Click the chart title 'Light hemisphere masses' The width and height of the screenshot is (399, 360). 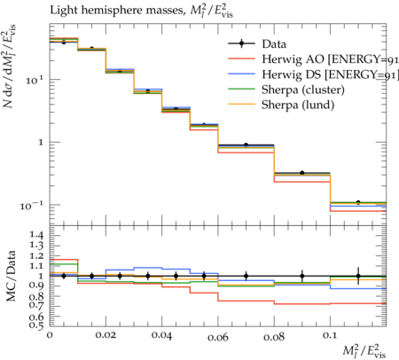[117, 11]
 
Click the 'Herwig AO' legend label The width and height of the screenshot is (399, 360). [293, 59]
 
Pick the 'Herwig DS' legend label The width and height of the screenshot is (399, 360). [292, 74]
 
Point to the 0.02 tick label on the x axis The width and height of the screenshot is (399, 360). [106, 336]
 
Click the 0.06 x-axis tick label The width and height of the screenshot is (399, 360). [218, 337]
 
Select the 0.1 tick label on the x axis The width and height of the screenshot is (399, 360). [330, 336]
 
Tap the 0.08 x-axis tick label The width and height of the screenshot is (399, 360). [274, 337]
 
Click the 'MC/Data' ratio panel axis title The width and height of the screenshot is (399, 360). [11, 276]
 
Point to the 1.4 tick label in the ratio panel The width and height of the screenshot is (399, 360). [36, 236]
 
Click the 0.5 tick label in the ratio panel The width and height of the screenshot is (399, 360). [36, 325]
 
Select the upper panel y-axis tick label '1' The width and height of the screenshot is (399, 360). [41, 143]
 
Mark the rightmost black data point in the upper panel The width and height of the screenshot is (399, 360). [358, 202]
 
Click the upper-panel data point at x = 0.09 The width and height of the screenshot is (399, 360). [302, 173]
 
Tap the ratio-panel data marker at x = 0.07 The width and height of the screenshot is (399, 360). [246, 277]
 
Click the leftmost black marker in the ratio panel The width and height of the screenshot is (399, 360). [64, 276]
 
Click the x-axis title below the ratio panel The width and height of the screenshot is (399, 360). [364, 350]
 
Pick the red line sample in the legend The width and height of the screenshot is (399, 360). [241, 59]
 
